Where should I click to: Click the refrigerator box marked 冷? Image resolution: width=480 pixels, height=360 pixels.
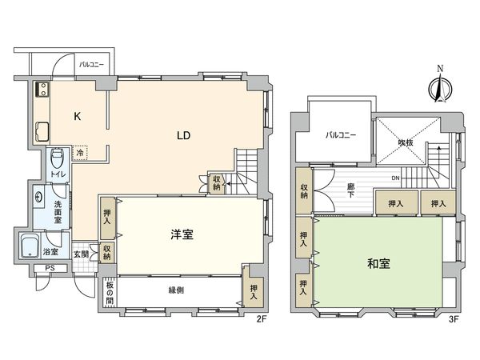click(x=80, y=152)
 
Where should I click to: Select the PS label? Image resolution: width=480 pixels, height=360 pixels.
click(x=49, y=268)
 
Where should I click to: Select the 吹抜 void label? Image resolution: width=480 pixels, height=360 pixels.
click(x=407, y=143)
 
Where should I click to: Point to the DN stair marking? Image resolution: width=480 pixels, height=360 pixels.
click(x=395, y=178)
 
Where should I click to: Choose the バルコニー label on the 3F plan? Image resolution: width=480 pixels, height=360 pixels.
click(x=340, y=135)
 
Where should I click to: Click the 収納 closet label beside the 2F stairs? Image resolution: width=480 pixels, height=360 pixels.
click(x=217, y=183)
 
